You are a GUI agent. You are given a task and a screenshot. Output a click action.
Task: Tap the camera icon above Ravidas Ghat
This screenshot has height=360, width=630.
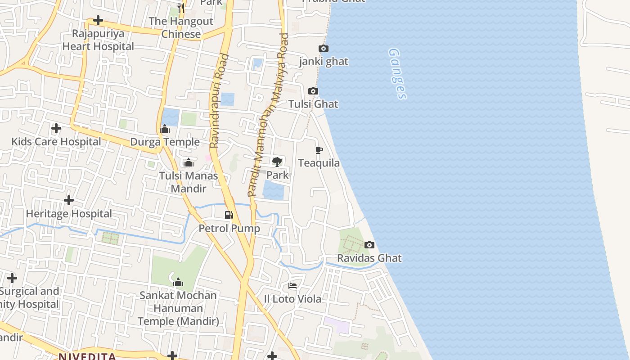point(369,245)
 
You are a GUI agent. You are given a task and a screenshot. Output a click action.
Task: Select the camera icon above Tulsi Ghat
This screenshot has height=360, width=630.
point(313,91)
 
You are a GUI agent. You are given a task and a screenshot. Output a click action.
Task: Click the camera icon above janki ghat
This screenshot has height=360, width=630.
point(323,49)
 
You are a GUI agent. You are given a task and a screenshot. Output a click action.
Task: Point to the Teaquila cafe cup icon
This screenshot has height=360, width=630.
point(319,150)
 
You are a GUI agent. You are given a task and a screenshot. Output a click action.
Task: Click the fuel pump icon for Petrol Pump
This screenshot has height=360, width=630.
point(229,215)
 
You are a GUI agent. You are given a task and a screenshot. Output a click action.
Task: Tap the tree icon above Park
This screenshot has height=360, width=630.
point(277,162)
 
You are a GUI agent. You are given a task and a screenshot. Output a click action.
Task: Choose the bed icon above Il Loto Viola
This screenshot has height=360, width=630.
point(292,286)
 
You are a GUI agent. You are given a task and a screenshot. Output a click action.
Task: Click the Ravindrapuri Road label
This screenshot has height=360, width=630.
point(220,101)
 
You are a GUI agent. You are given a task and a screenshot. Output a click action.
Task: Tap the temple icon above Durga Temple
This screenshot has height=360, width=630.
point(165,130)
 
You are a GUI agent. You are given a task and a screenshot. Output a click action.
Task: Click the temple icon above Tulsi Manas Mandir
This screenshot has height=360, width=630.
point(189,162)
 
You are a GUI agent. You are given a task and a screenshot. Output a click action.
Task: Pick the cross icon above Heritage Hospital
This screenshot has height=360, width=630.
point(69,200)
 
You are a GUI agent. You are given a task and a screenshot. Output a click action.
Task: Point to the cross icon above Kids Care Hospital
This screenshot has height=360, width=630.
point(56,129)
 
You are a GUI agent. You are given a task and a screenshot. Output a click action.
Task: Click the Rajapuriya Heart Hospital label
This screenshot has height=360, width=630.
point(98,40)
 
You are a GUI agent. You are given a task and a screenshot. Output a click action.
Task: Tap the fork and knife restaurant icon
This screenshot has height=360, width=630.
point(180,8)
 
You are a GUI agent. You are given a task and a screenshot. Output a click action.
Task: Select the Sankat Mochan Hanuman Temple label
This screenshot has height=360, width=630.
point(178,308)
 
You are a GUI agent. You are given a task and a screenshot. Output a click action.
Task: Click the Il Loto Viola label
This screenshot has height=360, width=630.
point(292,299)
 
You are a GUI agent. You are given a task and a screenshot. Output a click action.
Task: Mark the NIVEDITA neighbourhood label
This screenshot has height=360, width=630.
point(87,356)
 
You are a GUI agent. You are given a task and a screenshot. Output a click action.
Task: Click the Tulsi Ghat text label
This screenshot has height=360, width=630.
point(313,104)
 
